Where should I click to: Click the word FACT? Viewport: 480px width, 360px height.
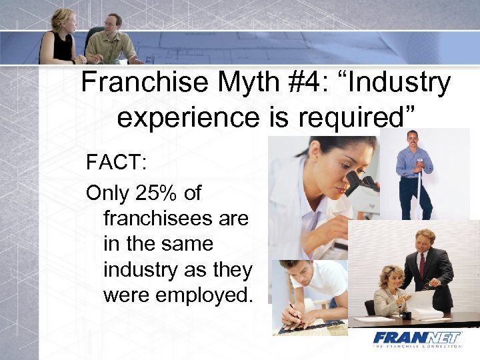(x=115, y=163)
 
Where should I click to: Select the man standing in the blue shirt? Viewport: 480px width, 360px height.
(x=414, y=173)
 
